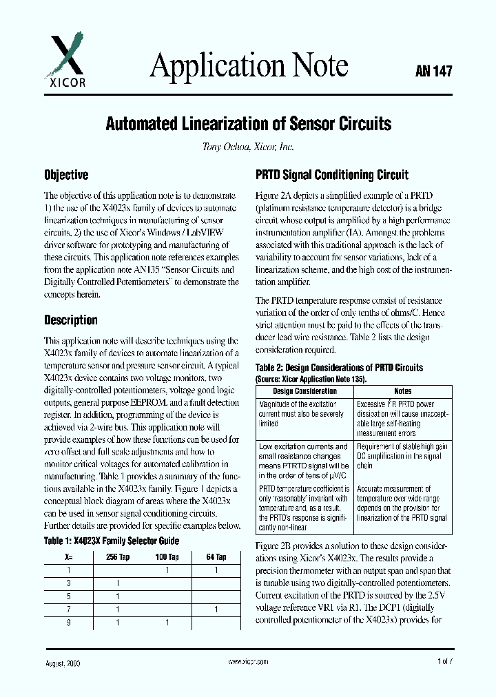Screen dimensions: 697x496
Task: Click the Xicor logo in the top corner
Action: (65, 61)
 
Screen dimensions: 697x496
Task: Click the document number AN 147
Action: (433, 70)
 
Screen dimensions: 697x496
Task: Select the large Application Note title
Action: (249, 66)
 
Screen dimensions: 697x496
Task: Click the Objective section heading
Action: (66, 175)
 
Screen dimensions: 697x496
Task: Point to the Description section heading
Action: (71, 320)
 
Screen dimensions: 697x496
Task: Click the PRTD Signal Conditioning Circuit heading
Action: (331, 175)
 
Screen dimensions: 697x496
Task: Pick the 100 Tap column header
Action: (167, 556)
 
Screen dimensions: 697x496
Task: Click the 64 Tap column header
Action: (216, 556)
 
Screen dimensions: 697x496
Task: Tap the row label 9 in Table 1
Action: (68, 623)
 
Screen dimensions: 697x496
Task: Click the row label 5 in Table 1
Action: (68, 596)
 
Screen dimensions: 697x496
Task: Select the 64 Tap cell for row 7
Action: (216, 610)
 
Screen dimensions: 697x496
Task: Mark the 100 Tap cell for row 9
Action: (167, 623)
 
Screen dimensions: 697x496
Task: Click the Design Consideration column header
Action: (304, 391)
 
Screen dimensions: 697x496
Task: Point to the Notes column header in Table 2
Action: (402, 391)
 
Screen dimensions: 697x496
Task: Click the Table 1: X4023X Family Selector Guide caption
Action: (111, 541)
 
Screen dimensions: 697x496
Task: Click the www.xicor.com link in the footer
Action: (247, 661)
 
